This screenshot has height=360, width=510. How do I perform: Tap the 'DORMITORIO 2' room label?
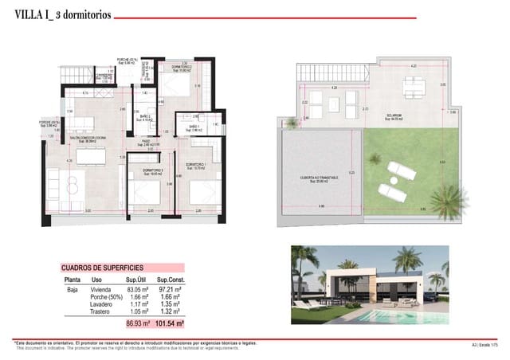coord(184,67)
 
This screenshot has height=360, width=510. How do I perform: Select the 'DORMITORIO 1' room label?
coord(197,166)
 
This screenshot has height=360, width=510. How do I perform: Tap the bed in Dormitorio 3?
coord(143,192)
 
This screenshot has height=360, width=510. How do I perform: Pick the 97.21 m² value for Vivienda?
coord(170,292)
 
